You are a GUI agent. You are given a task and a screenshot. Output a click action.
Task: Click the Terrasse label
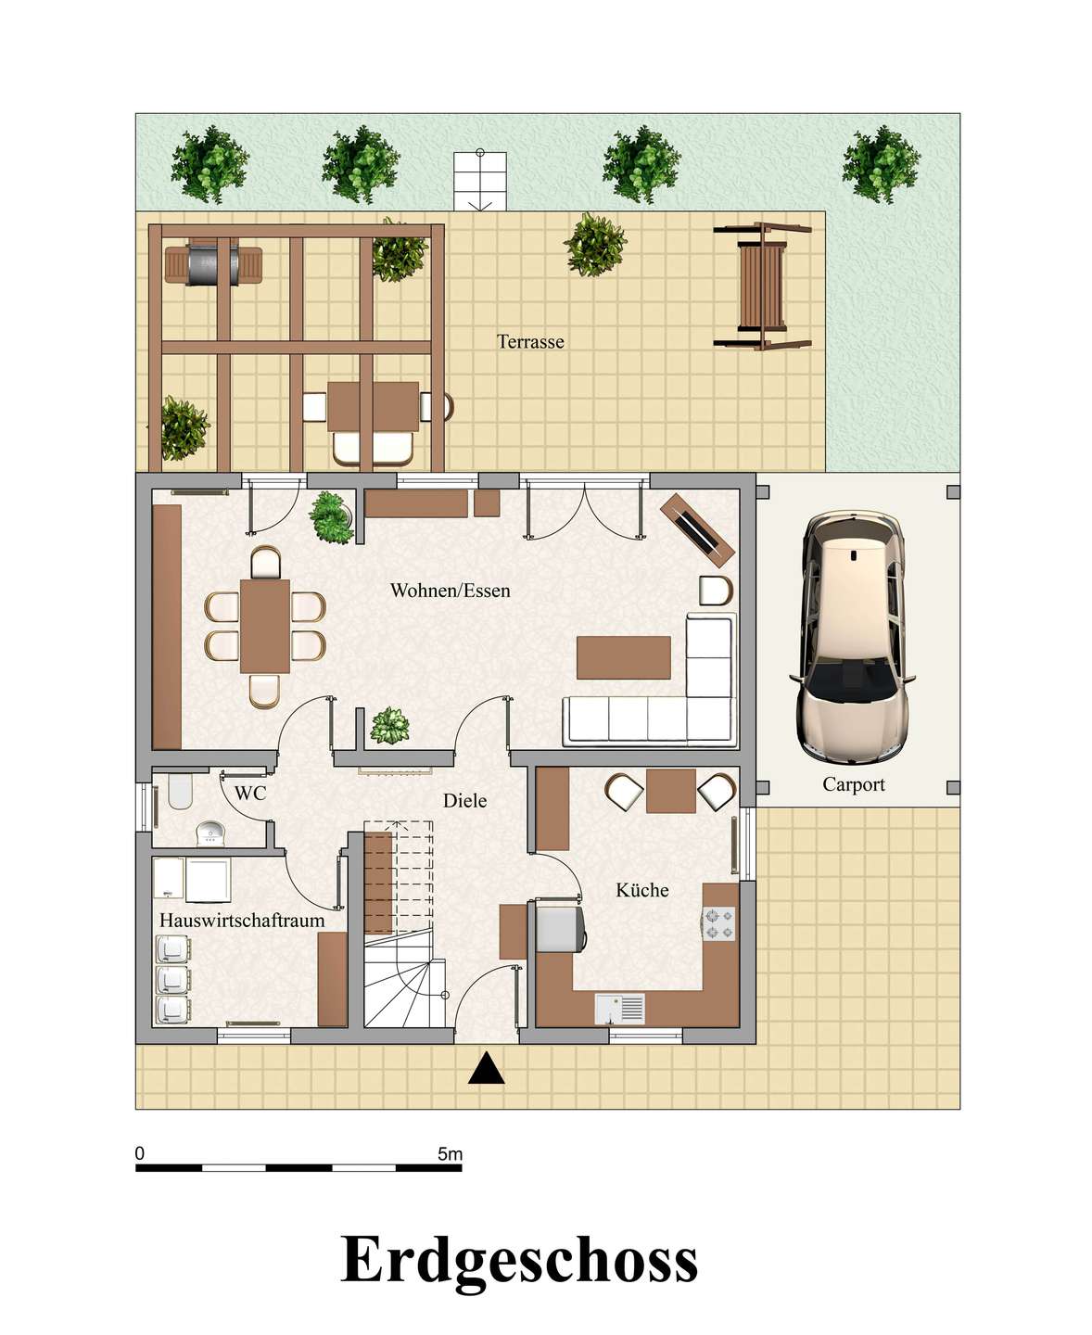pos(530,342)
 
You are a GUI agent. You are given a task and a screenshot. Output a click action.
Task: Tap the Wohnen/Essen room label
pos(451,591)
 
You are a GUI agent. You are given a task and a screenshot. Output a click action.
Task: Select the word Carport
pos(854,785)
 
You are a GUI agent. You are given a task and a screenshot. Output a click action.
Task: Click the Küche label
pos(641,890)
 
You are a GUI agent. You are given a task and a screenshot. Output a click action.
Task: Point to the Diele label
pos(464,801)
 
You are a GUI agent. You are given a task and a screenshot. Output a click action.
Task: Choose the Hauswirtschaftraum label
pos(242,921)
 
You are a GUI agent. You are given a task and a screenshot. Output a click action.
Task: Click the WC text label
pos(250,794)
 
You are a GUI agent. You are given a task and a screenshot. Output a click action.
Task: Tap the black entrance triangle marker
pos(486,1068)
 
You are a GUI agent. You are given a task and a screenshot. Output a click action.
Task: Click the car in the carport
pos(852,637)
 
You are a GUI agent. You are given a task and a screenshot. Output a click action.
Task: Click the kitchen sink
pos(620,1009)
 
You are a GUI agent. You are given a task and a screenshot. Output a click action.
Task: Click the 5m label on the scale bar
pos(451,1154)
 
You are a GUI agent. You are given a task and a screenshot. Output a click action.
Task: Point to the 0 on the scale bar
pos(140,1153)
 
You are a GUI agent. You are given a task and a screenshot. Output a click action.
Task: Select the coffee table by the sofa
pos(624,657)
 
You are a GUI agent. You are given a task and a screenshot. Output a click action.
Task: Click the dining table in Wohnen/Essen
pos(265,627)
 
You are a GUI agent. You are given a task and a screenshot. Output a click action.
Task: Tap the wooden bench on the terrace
pos(763,286)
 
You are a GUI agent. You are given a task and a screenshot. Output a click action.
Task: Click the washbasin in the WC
pos(210,834)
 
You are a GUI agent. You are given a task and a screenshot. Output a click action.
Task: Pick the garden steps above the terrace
pos(480,181)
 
